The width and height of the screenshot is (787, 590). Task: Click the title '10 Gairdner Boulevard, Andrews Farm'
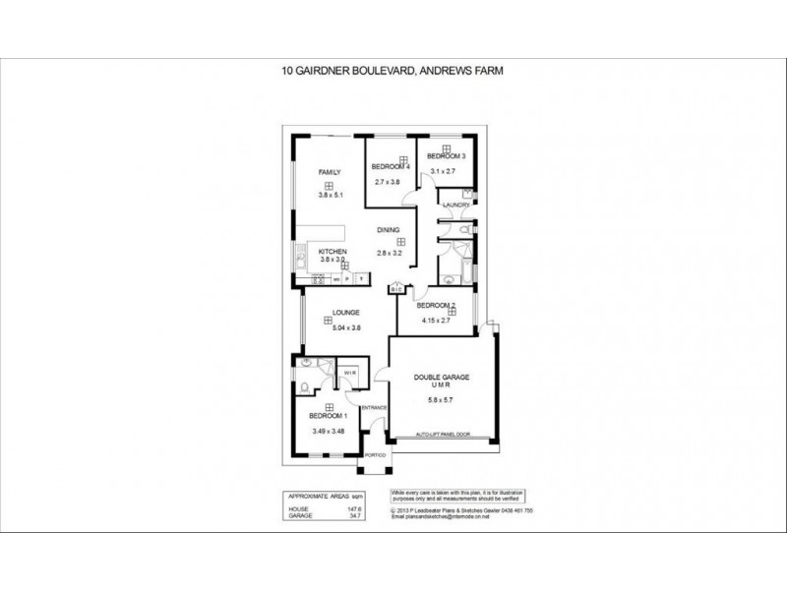393,70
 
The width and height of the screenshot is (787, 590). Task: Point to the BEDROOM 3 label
445,156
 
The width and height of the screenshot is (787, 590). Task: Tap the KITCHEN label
332,253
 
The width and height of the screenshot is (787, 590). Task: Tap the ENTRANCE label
375,407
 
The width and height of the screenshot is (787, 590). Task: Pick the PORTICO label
376,455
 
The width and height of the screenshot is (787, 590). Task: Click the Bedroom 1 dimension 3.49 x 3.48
329,432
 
